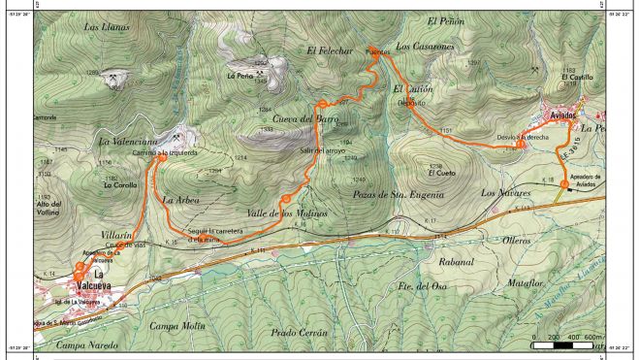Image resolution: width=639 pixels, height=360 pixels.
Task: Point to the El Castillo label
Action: click(x=576, y=77)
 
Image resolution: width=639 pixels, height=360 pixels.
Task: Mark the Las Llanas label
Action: click(x=107, y=27)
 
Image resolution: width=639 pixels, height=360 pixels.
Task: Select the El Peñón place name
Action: click(x=447, y=20)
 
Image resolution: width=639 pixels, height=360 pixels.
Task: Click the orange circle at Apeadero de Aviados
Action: click(x=565, y=183)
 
